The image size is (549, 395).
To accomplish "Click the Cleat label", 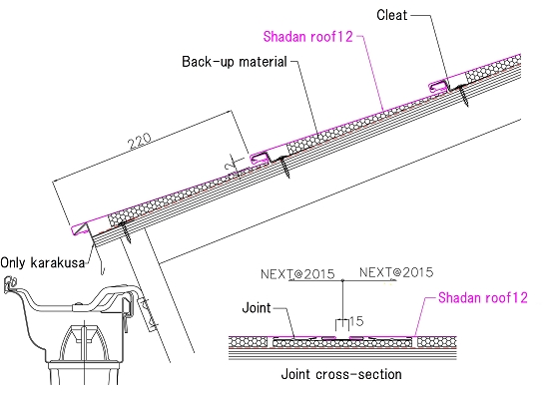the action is pyautogui.click(x=392, y=15).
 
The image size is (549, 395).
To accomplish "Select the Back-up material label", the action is pyautogui.click(x=235, y=62).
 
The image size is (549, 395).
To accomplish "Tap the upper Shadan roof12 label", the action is pyautogui.click(x=308, y=36).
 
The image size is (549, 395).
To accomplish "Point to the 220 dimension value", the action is pyautogui.click(x=140, y=140).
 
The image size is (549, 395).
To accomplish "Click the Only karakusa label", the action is pyautogui.click(x=43, y=262).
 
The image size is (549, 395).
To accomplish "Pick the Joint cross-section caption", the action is pyautogui.click(x=341, y=374).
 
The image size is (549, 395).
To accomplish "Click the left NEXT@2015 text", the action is pyautogui.click(x=297, y=274).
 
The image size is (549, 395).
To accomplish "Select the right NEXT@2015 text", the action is pyautogui.click(x=396, y=272).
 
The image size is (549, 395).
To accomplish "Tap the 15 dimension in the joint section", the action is pyautogui.click(x=356, y=321).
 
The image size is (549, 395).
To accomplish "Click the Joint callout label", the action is pyautogui.click(x=257, y=308).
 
